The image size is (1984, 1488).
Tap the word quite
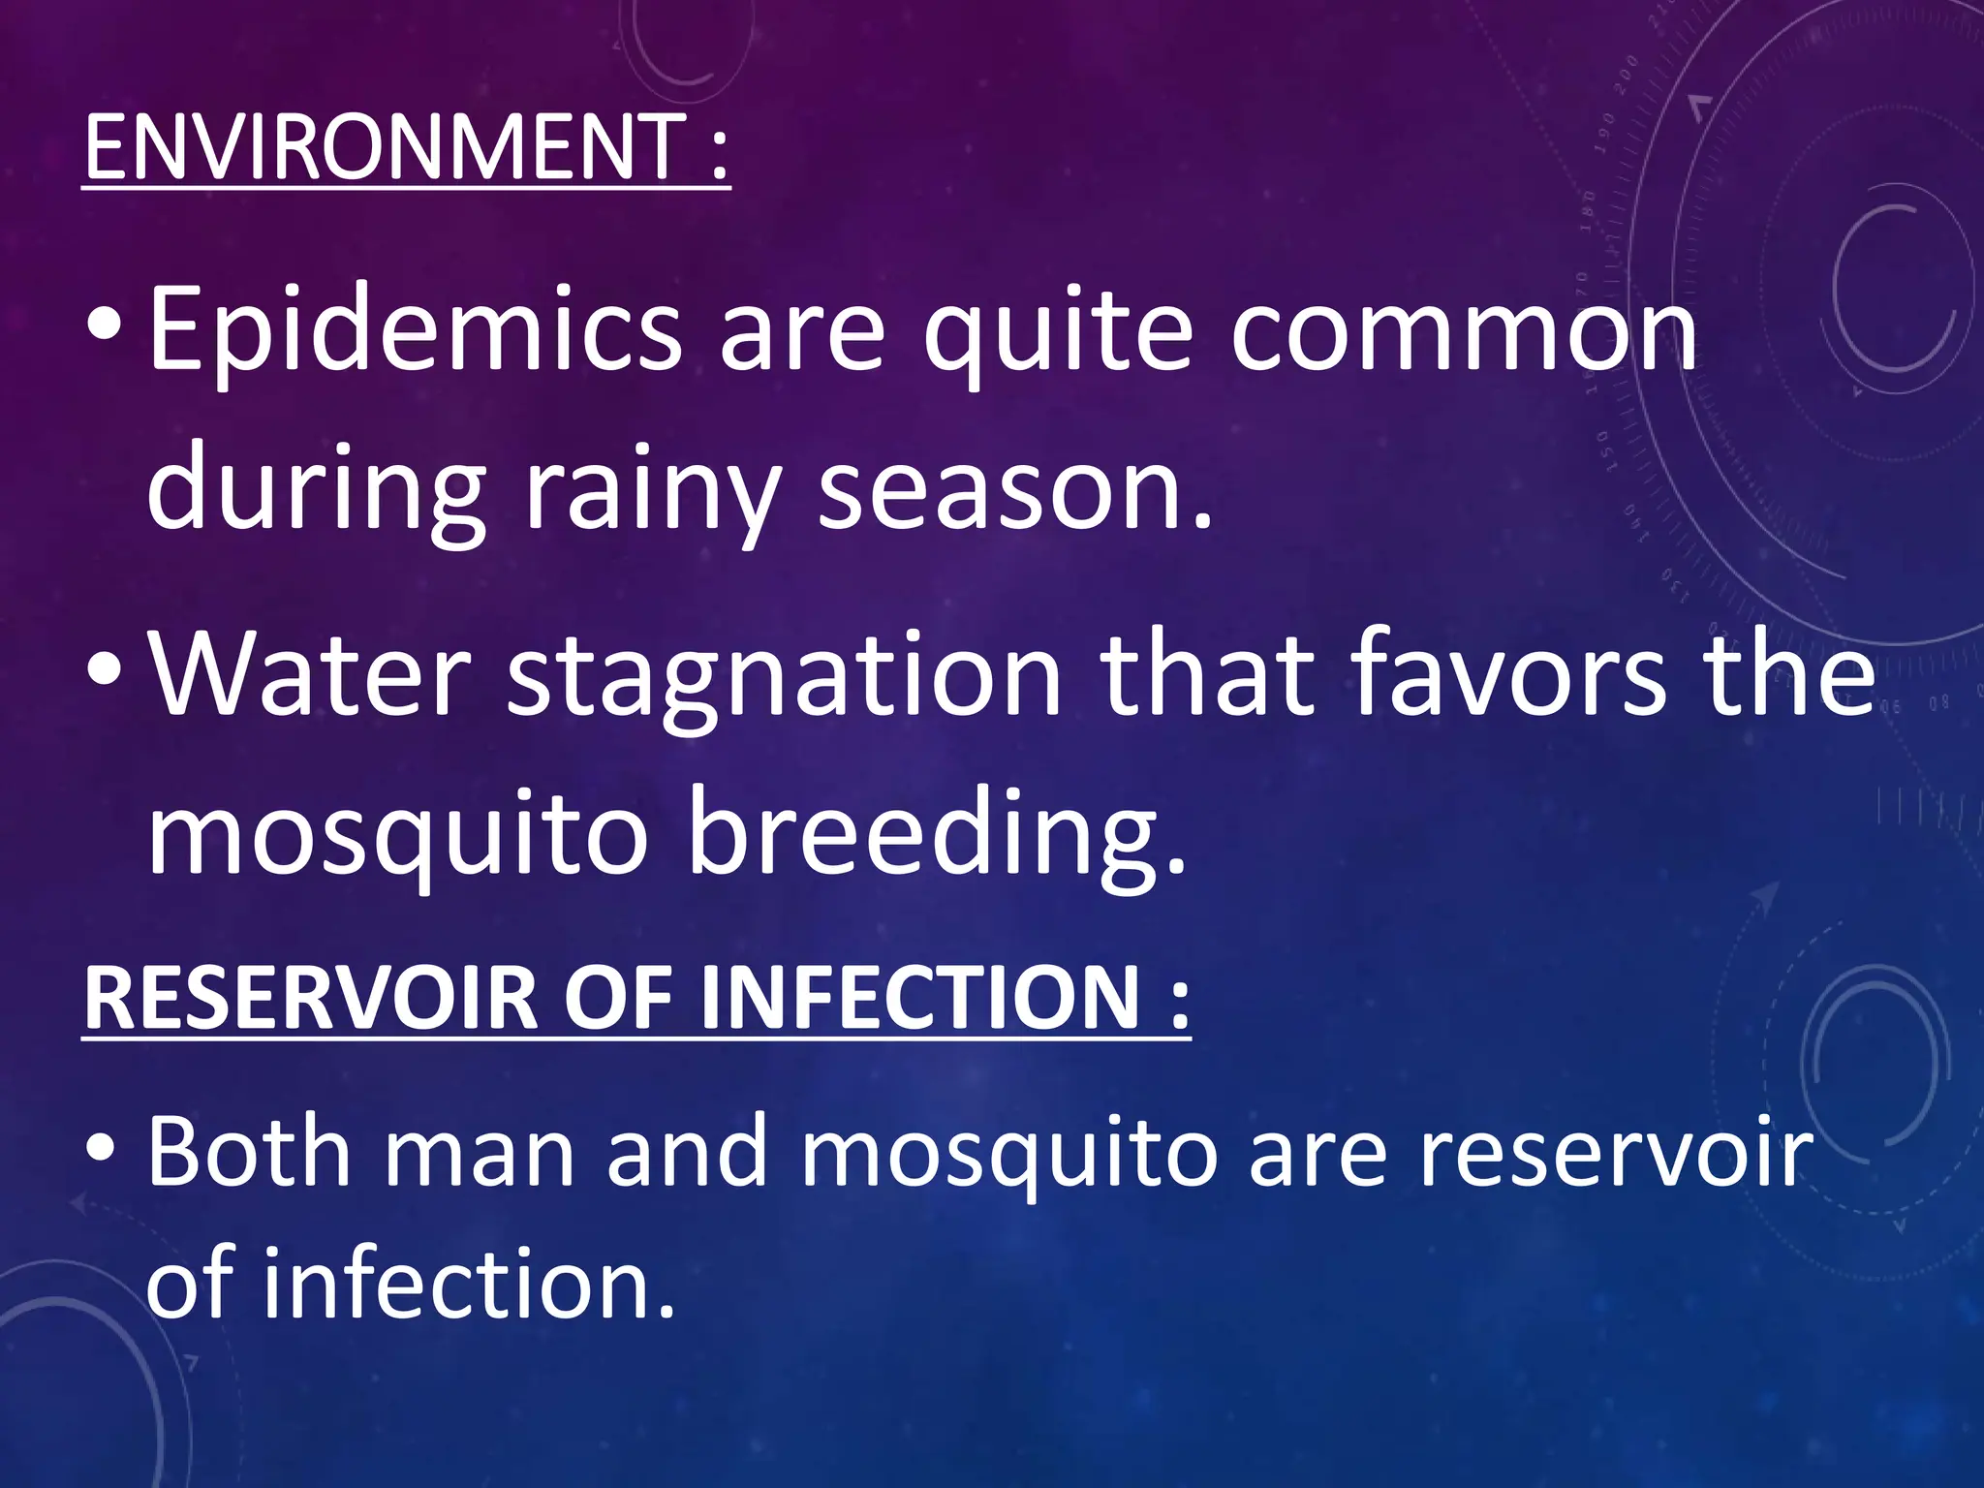[x=1057, y=334]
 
